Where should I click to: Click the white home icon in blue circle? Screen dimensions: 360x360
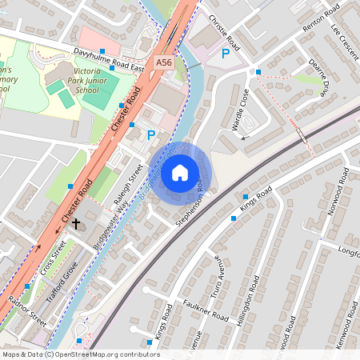[180, 172]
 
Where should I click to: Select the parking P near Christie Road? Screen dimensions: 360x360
[226, 54]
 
